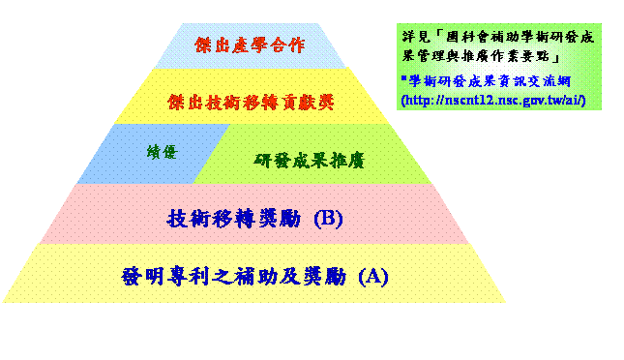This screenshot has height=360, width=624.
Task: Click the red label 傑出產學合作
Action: point(250,45)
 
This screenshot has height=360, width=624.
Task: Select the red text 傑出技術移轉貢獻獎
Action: point(251,103)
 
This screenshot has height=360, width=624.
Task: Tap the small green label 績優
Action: point(162,152)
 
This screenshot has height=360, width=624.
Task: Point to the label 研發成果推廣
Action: point(310,161)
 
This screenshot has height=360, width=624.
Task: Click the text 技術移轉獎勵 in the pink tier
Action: point(234,219)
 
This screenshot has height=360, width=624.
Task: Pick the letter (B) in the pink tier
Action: point(328,219)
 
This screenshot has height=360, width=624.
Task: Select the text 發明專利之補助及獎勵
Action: point(234,276)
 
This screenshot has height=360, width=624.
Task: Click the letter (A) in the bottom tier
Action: point(373,277)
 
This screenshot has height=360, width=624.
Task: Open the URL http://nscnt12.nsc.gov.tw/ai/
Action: point(493,100)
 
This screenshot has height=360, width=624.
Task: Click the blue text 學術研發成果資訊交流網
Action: point(490,81)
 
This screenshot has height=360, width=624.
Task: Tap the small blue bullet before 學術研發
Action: point(404,77)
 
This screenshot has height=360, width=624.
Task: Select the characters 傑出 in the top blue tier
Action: point(213,45)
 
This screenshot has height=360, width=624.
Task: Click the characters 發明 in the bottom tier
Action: point(143,276)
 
